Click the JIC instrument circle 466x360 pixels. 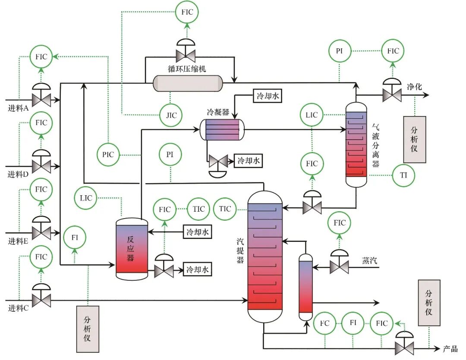[x=170, y=115]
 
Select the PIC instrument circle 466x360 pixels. [x=108, y=154]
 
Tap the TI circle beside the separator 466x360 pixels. [x=403, y=175]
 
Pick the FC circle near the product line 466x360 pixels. [x=325, y=323]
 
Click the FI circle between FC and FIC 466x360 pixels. [x=353, y=323]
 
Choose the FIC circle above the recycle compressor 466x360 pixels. [x=187, y=12]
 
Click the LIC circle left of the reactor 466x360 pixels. [x=86, y=198]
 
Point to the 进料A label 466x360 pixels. [x=18, y=108]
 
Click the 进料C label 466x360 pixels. [x=18, y=308]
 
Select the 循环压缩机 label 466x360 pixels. [x=187, y=69]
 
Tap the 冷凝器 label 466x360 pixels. [x=218, y=112]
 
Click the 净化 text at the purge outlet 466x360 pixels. [x=414, y=87]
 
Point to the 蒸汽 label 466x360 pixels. [x=369, y=261]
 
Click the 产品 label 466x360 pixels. [x=450, y=349]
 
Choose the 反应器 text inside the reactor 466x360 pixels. [x=131, y=248]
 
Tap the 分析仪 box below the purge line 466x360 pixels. [x=415, y=140]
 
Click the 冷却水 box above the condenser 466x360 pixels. [x=268, y=96]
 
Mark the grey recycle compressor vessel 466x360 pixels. [x=188, y=84]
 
